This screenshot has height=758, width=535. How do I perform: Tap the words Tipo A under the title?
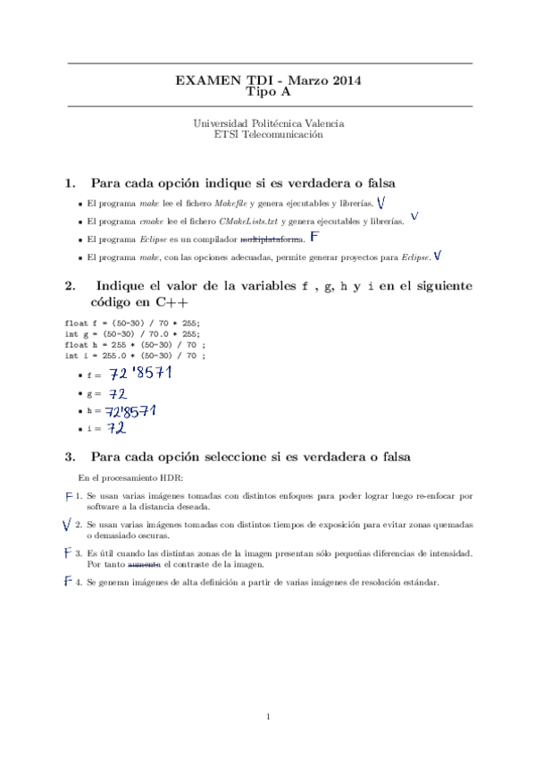pos(267,91)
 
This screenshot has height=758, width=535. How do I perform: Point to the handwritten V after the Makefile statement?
pos(381,202)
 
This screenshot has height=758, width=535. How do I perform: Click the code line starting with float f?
pos(133,323)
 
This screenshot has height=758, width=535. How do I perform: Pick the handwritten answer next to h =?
pos(130,411)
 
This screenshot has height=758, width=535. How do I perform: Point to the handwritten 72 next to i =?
pos(116,429)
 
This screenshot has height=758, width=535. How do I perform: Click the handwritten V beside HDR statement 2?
pos(68,525)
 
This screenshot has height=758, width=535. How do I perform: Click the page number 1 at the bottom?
pos(268,717)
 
